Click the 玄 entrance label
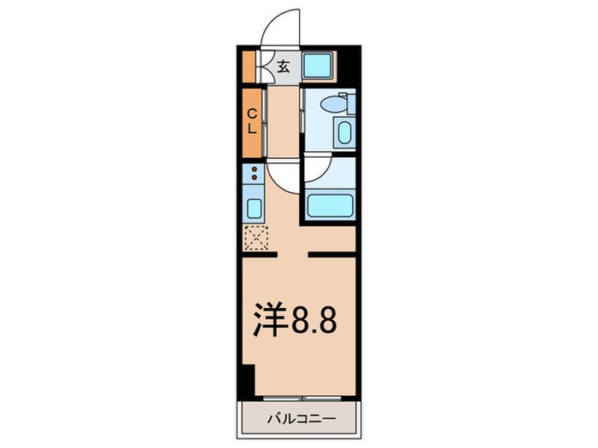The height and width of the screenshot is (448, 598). tap(284, 65)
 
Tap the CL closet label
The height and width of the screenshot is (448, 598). tap(253, 122)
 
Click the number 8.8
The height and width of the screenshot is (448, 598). tap(317, 322)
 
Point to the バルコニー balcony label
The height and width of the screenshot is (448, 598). tap(298, 420)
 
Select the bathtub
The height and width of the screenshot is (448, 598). tap(328, 206)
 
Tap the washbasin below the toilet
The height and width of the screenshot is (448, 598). tap(343, 133)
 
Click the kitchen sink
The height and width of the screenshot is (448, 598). tap(255, 207)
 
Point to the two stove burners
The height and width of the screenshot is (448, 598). tap(254, 175)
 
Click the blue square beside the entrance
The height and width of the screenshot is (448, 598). tap(320, 65)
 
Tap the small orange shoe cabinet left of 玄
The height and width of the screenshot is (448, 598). tap(249, 65)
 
